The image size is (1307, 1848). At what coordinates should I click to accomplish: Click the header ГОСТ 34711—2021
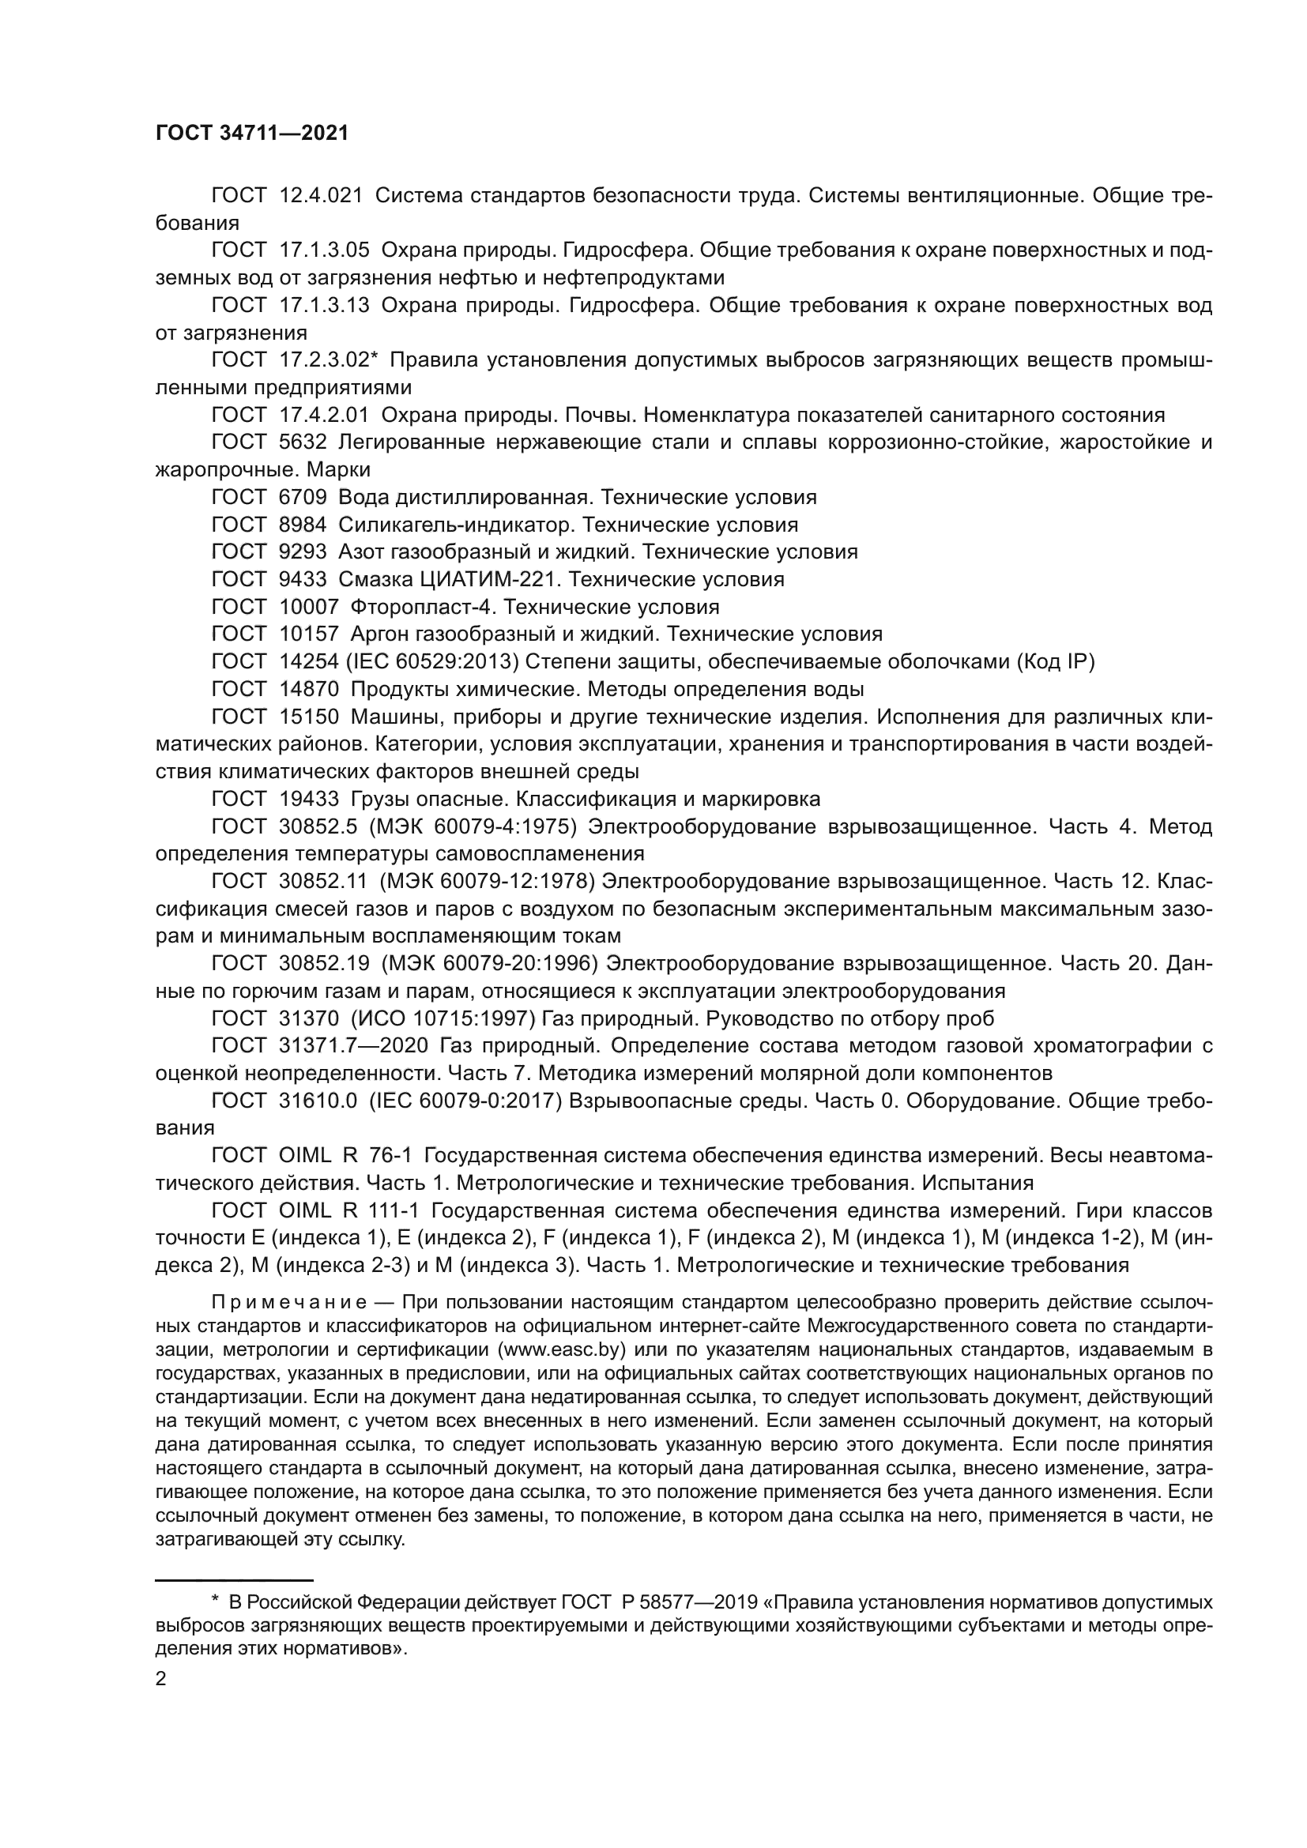click(251, 133)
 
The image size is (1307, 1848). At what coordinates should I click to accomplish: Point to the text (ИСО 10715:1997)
click(443, 1019)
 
